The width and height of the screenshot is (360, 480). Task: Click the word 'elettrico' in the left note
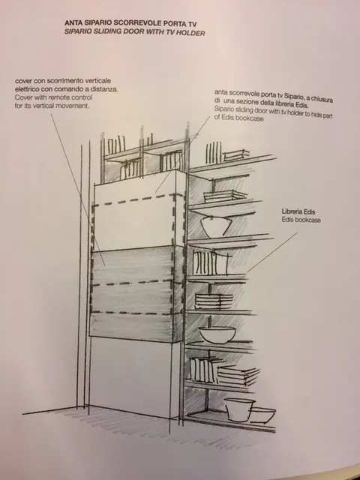pos(27,89)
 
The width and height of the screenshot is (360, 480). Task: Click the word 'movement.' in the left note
pos(76,106)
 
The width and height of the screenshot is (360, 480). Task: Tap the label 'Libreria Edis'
pos(298,211)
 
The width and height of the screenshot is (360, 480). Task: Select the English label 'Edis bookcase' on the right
pos(301,220)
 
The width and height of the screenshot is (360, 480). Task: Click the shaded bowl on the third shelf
pos(216,226)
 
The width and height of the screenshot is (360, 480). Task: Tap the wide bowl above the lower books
pos(217,334)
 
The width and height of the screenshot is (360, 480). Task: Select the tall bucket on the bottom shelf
pos(239,409)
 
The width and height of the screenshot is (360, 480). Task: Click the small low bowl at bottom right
pos(262,415)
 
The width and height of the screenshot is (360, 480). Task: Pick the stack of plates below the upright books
pos(214,301)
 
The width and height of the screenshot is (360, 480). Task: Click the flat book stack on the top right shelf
pos(235,155)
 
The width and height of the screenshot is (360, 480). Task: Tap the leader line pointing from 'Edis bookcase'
pos(271,252)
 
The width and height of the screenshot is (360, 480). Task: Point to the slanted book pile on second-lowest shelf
pos(238,375)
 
